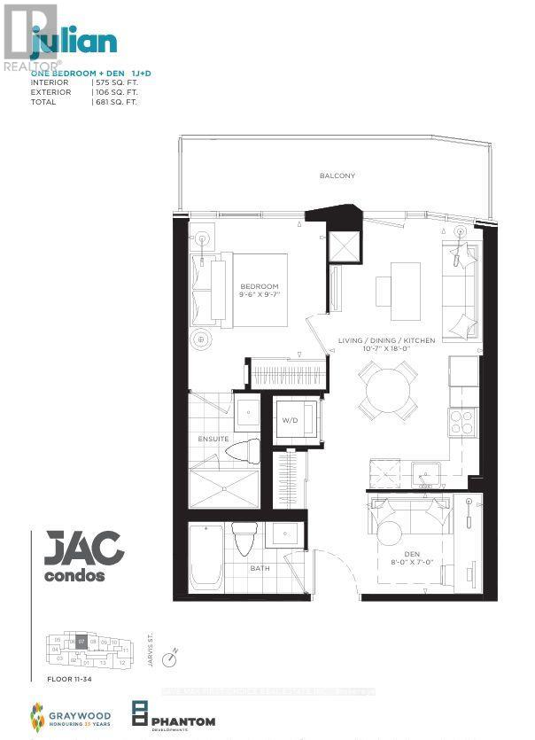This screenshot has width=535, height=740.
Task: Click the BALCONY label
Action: [337, 175]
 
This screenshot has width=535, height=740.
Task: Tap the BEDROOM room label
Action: [260, 286]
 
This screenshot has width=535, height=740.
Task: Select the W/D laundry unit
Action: [291, 420]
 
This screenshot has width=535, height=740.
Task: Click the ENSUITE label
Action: [213, 439]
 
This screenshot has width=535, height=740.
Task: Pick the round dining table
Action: [389, 390]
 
